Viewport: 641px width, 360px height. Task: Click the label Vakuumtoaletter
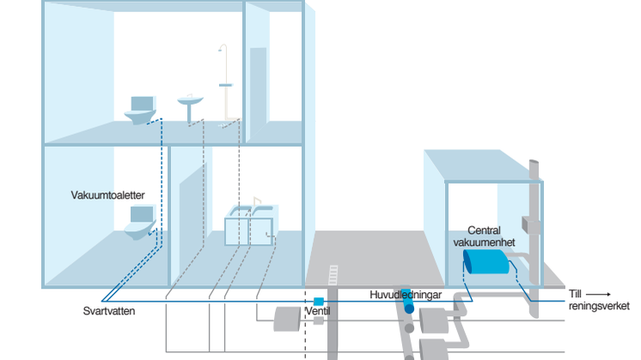tap(107, 196)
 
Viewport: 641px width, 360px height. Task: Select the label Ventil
tap(317, 311)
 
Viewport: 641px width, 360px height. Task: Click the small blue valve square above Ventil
tap(318, 301)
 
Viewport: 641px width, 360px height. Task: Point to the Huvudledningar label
tap(406, 295)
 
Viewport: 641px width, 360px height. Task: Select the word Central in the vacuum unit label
tap(485, 230)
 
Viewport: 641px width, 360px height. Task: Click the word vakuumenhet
tap(483, 242)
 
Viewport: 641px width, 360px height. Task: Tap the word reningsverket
tap(599, 307)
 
